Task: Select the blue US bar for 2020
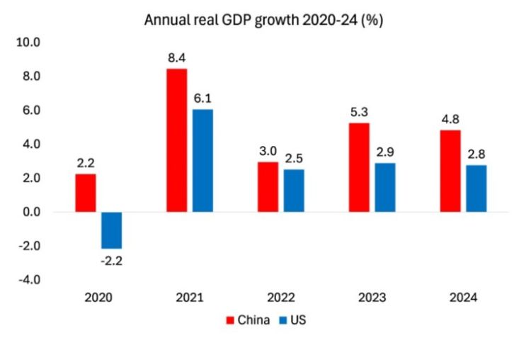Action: tap(111, 230)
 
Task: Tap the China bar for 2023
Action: tap(359, 167)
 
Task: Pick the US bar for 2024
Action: tap(476, 189)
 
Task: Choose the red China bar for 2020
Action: tap(85, 193)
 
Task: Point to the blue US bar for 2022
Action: tap(294, 191)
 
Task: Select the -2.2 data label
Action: tap(112, 260)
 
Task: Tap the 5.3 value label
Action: tap(359, 111)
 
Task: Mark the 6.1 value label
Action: tap(203, 98)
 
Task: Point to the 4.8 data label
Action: tap(450, 118)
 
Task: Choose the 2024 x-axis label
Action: tap(463, 298)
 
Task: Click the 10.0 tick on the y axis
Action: tap(29, 43)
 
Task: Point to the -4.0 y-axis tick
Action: tap(29, 280)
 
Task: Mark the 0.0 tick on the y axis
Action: tap(31, 212)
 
